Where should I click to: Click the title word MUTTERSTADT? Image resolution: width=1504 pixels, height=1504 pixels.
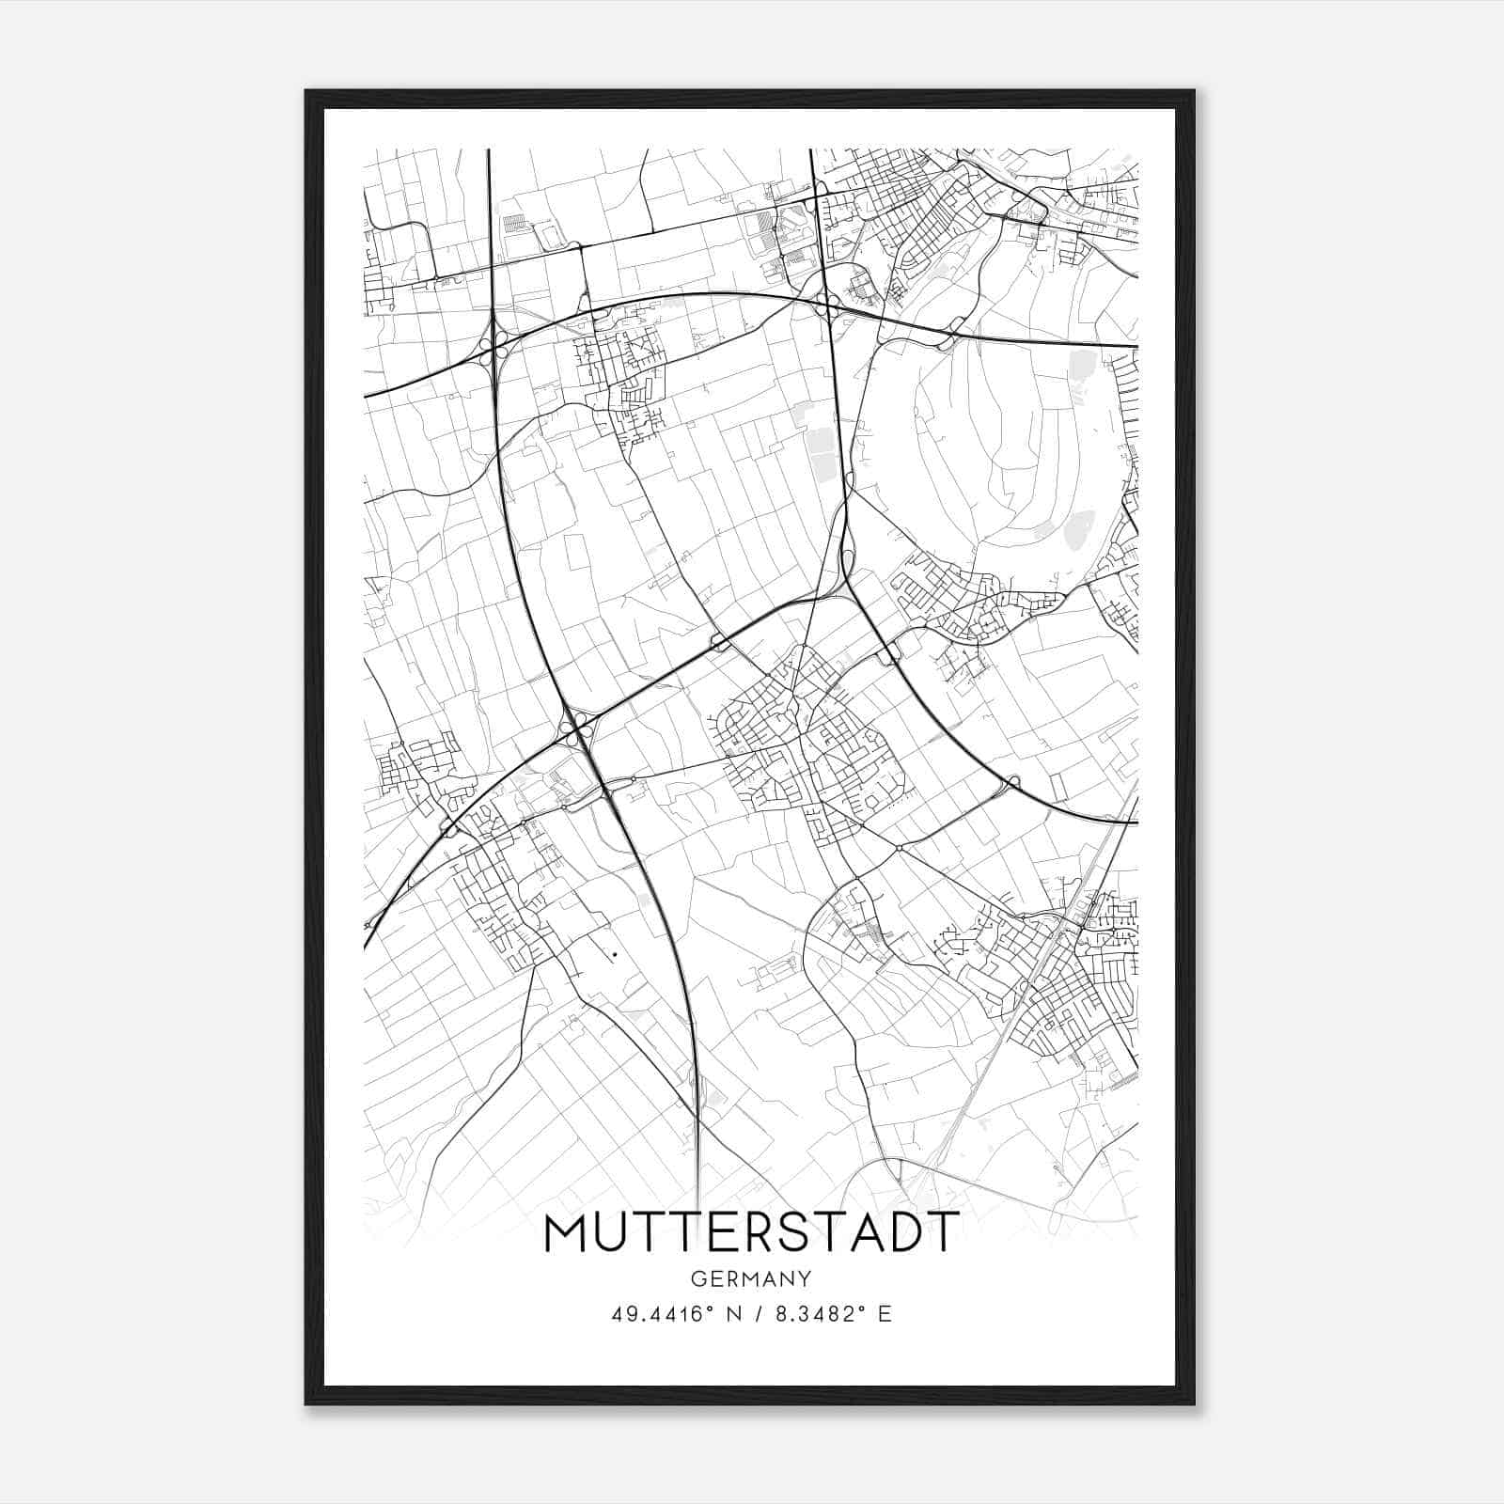(751, 1233)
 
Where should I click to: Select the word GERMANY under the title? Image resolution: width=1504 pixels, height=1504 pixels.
(751, 1279)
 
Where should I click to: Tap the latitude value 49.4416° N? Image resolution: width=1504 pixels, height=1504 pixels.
(669, 1314)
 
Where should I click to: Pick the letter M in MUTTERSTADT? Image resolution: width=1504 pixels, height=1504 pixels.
(565, 1233)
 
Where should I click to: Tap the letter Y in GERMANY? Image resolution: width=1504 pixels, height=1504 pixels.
(806, 1279)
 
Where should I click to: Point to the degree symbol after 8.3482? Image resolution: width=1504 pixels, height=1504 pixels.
(862, 1308)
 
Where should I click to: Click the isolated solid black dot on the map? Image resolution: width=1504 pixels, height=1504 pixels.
(614, 954)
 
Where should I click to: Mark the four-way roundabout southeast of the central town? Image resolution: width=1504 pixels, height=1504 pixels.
(899, 849)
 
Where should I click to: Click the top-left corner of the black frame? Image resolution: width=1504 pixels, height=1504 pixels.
(306, 91)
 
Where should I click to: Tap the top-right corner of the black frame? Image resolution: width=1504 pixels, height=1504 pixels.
(1194, 91)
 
